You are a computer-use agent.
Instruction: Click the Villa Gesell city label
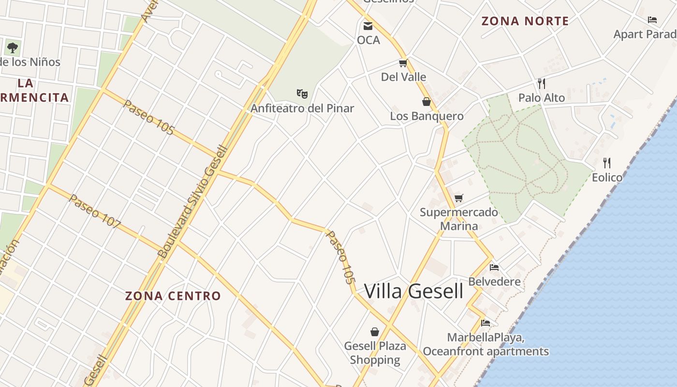pyautogui.click(x=413, y=291)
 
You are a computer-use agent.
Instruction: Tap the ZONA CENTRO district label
pyautogui.click(x=173, y=296)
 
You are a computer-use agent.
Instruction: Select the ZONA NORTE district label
pyautogui.click(x=525, y=21)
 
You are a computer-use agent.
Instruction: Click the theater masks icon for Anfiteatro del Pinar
pyautogui.click(x=302, y=93)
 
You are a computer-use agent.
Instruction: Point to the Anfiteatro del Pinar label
pyautogui.click(x=302, y=108)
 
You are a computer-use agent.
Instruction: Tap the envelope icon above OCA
pyautogui.click(x=368, y=26)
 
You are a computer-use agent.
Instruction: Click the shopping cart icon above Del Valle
pyautogui.click(x=403, y=63)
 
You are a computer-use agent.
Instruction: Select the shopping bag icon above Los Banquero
pyautogui.click(x=427, y=102)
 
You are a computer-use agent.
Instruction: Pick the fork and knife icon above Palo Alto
pyautogui.click(x=542, y=84)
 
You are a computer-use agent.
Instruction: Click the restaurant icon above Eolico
pyautogui.click(x=607, y=163)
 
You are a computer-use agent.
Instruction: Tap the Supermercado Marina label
pyautogui.click(x=458, y=219)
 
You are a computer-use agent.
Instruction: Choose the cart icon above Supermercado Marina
pyautogui.click(x=458, y=198)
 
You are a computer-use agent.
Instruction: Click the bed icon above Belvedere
pyautogui.click(x=494, y=267)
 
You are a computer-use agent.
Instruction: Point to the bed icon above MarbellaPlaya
pyautogui.click(x=486, y=323)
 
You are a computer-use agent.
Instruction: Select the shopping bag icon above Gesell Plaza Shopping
pyautogui.click(x=375, y=331)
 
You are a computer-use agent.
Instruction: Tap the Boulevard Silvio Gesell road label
pyautogui.click(x=192, y=202)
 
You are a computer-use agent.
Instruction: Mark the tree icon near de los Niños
pyautogui.click(x=13, y=47)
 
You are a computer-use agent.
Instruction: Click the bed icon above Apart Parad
pyautogui.click(x=652, y=20)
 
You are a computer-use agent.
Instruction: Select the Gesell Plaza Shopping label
pyautogui.click(x=375, y=353)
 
